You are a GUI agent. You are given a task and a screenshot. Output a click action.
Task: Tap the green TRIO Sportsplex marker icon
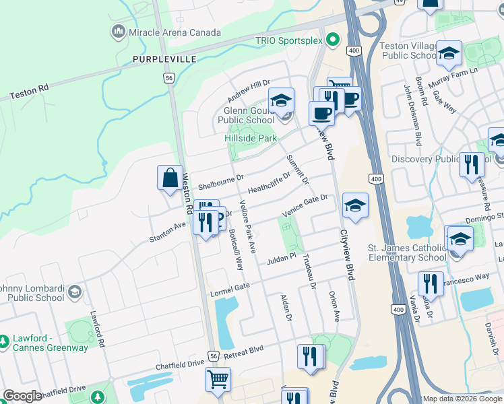(332, 40)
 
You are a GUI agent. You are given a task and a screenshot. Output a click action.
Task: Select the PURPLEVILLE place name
(164, 59)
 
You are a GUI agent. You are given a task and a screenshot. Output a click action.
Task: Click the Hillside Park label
(250, 138)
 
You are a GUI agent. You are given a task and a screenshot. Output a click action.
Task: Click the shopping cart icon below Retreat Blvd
(218, 379)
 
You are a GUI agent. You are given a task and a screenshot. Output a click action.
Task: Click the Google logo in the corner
(22, 397)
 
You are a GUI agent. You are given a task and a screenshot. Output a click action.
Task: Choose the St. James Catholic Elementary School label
(406, 252)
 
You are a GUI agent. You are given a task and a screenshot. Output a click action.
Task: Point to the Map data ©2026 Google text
(462, 399)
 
